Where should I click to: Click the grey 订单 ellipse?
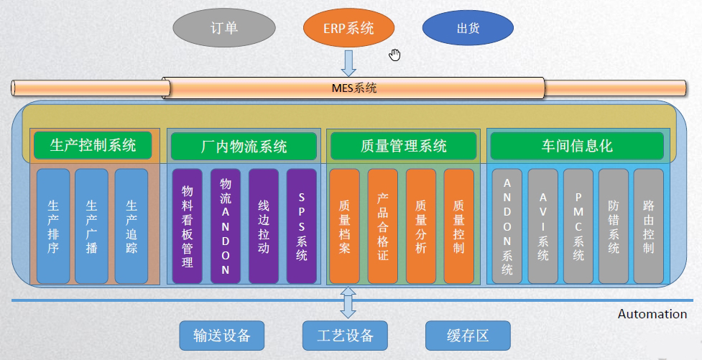pyautogui.click(x=224, y=29)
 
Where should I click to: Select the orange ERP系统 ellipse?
pyautogui.click(x=348, y=29)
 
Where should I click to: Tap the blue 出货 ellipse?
pyautogui.click(x=468, y=29)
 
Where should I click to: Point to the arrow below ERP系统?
pyautogui.click(x=348, y=63)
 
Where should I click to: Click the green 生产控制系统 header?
pyautogui.click(x=93, y=145)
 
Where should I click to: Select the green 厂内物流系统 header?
pyautogui.click(x=243, y=146)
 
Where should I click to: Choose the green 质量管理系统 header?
pyautogui.click(x=403, y=146)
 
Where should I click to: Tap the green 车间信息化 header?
pyautogui.click(x=577, y=146)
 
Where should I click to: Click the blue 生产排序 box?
pyautogui.click(x=53, y=226)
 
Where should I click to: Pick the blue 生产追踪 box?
pyautogui.click(x=131, y=226)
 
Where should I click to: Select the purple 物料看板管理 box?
pyautogui.click(x=188, y=226)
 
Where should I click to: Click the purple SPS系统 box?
pyautogui.click(x=301, y=226)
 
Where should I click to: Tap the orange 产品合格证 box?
pyautogui.click(x=382, y=226)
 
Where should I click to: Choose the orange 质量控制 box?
pyautogui.click(x=458, y=226)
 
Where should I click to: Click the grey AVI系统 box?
pyautogui.click(x=542, y=226)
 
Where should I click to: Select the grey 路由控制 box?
pyautogui.click(x=649, y=226)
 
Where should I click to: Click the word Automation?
pyautogui.click(x=652, y=314)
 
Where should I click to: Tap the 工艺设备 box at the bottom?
pyautogui.click(x=345, y=336)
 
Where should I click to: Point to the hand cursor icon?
pyautogui.click(x=394, y=55)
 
